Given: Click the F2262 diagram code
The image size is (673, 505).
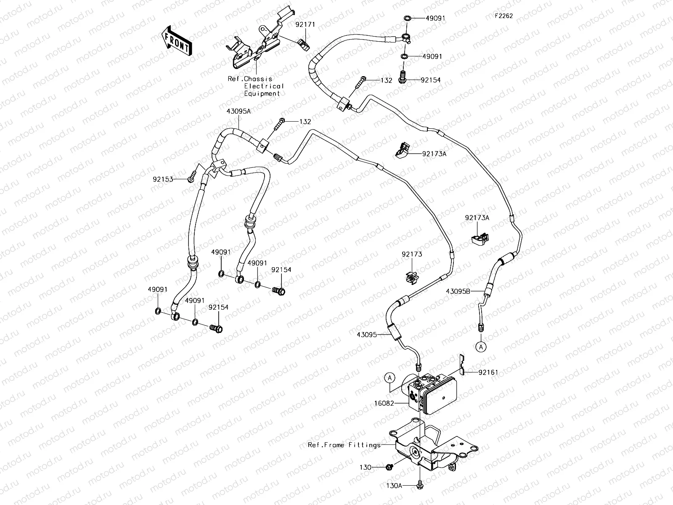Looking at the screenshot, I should tap(503, 16).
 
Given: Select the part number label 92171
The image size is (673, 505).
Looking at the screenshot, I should tap(305, 25).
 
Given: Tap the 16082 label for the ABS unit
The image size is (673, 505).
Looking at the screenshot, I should tap(384, 403).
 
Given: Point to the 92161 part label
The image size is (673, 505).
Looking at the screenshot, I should tap(488, 372).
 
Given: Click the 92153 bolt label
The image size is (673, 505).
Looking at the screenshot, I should tap(163, 179).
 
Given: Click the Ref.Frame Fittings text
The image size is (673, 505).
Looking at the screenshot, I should tap(344, 445).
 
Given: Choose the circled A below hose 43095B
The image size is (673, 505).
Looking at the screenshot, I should tap(480, 347).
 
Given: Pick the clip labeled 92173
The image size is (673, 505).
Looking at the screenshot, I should tap(411, 278).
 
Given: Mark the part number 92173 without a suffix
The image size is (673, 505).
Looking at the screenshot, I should tap(411, 254).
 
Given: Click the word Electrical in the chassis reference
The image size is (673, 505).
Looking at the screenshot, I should tap(264, 86).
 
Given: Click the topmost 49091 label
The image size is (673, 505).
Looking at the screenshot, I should tap(435, 19).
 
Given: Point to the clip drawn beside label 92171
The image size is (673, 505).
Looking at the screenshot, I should tap(305, 43).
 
